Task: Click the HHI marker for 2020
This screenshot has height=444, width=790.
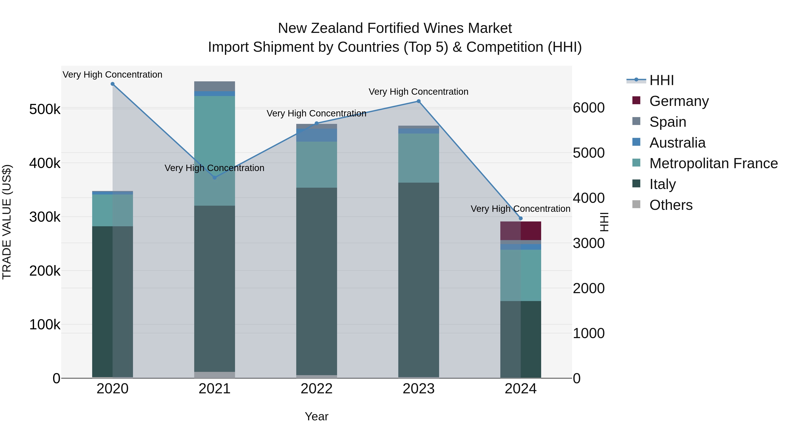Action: coord(113,84)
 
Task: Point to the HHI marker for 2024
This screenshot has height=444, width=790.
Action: coord(521,218)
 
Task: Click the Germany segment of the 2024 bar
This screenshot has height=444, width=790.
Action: coord(521,231)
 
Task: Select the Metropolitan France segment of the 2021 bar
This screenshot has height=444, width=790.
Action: coord(215,150)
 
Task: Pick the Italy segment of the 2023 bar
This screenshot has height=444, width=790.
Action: coord(419,279)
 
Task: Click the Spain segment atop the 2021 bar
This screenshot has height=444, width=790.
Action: coord(215,86)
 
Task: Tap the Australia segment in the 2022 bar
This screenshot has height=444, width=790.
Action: coord(316,135)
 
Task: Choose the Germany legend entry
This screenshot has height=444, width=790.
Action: coord(679,101)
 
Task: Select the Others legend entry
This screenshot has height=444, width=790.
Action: coord(671,205)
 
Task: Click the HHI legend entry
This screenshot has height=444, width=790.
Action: coord(661,80)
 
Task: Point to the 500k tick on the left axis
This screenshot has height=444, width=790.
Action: coord(45,109)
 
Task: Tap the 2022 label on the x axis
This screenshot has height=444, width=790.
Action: coord(316,389)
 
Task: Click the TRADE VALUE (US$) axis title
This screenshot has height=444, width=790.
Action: coord(7,222)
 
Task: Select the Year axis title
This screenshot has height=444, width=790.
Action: coord(316,416)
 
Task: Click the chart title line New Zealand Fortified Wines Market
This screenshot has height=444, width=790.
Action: coord(395,28)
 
